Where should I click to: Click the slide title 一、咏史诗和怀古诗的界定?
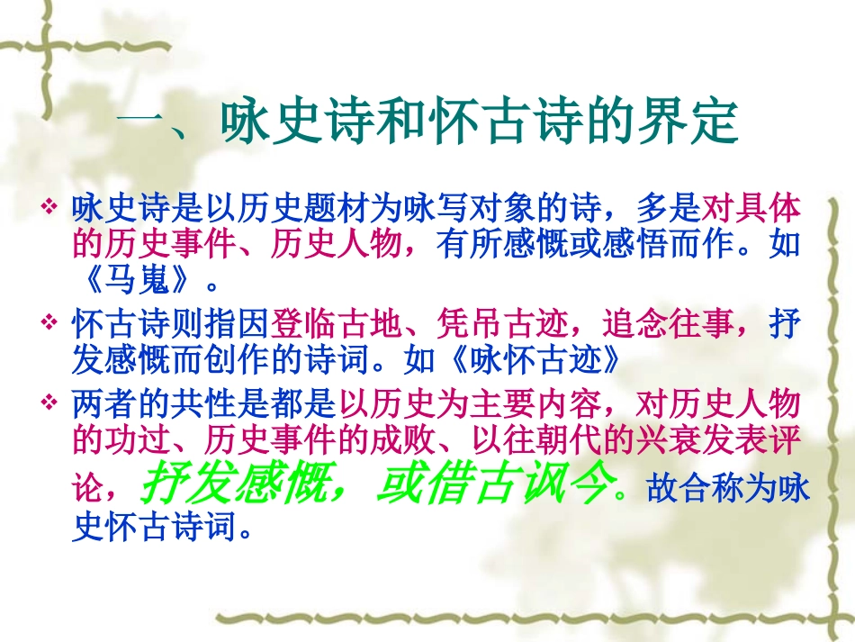(427, 124)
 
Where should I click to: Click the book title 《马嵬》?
(135, 283)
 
